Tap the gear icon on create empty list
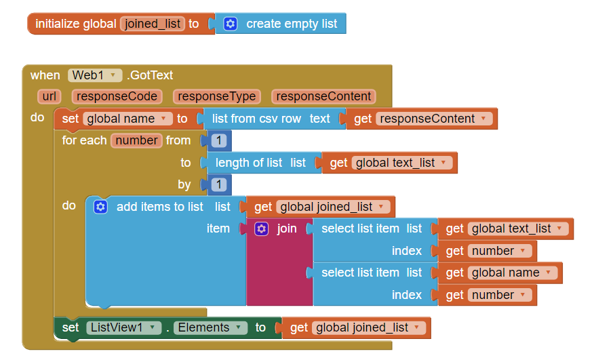[231, 24]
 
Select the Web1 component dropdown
[94, 75]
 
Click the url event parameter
[49, 96]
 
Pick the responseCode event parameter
[117, 96]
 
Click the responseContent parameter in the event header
[323, 96]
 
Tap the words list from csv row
[256, 119]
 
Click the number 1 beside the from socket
[218, 141]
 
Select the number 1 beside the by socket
[218, 184]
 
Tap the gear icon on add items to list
[100, 207]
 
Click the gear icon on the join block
[262, 229]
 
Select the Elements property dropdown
[210, 327]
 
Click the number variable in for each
[136, 140]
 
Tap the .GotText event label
[150, 75]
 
